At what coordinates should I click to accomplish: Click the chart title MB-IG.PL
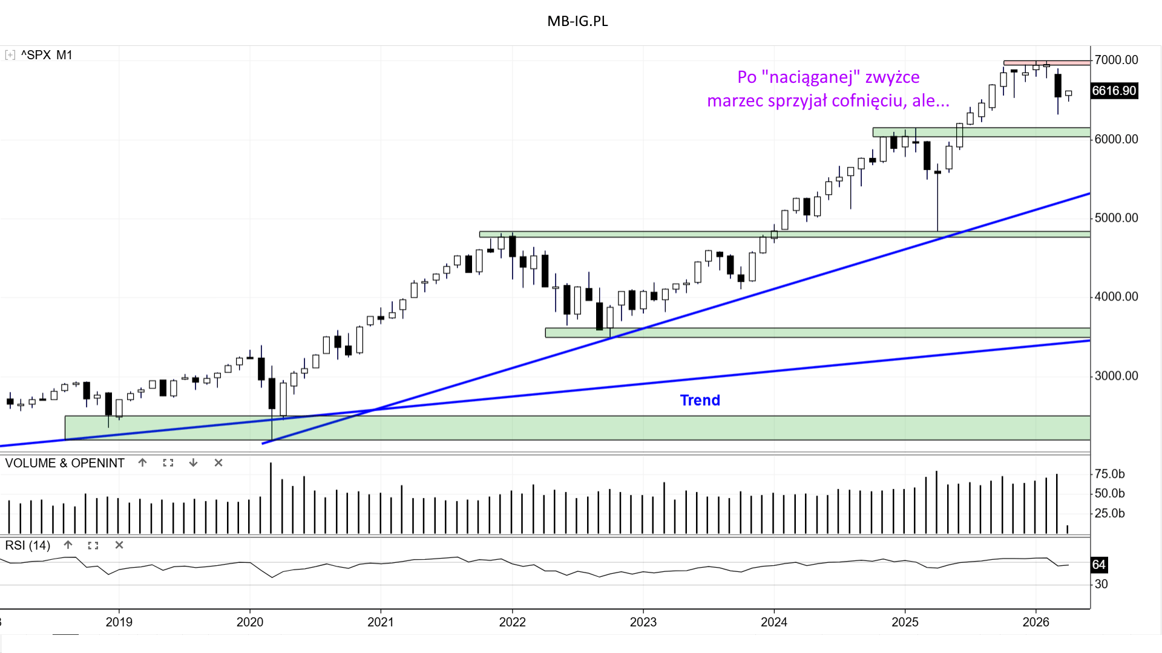(577, 21)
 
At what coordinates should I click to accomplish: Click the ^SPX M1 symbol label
(47, 55)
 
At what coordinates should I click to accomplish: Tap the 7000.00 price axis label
(1116, 60)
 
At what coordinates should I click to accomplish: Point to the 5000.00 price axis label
(1116, 218)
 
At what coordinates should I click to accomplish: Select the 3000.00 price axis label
(1116, 375)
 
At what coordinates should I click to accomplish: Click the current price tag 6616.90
(1114, 91)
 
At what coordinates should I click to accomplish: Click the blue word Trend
(700, 400)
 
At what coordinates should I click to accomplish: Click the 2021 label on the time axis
(381, 622)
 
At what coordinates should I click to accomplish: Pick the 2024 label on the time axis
(773, 622)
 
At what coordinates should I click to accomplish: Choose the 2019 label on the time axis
(119, 622)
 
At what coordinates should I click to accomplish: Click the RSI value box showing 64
(1098, 565)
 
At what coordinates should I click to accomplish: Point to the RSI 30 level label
(1101, 584)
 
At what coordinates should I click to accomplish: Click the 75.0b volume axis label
(1110, 474)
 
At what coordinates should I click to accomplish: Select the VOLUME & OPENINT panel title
(65, 463)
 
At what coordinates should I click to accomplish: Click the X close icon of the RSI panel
(119, 545)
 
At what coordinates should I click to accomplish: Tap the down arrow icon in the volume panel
(193, 463)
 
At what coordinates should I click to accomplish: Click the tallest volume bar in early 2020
(271, 499)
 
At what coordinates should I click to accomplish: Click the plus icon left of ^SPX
(10, 55)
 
